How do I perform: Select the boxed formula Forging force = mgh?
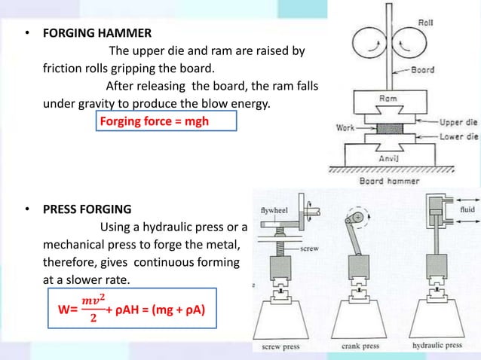(155, 121)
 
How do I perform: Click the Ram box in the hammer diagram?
(388, 99)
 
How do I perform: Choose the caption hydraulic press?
(437, 346)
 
